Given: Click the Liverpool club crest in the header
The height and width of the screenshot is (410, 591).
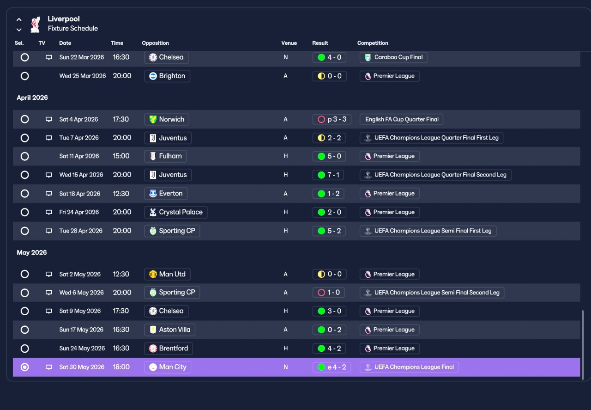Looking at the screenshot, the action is coord(36,24).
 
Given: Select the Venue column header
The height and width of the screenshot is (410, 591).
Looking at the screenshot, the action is coord(289,43).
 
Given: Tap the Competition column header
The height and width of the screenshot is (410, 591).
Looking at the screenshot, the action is coord(373,43).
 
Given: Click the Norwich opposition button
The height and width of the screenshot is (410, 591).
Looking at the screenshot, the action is coord(167,119).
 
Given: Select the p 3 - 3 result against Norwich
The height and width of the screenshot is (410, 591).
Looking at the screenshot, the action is coord(332,119).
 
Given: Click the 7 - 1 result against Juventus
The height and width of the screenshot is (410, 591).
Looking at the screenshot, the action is coord(328,175).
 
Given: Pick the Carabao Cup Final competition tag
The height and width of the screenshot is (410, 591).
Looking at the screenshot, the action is coord(393,57).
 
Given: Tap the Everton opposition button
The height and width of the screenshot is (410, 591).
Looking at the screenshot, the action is coord(166,194).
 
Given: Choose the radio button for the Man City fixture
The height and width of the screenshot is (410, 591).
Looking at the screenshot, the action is coord(25,367).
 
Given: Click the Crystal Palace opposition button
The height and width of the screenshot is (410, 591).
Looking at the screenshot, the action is coord(176,212).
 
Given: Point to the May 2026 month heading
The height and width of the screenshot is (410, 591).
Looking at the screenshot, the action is coord(32,252).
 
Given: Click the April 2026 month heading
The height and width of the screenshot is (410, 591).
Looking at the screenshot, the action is coord(32,98).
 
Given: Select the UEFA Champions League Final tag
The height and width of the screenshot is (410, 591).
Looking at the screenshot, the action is coord(409,367).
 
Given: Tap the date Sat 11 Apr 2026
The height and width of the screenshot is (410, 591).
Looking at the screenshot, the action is coord(79,156).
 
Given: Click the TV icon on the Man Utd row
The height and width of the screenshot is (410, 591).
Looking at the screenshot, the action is coord(49,274).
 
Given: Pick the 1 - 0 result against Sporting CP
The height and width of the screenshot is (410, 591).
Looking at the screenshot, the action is coord(329,293).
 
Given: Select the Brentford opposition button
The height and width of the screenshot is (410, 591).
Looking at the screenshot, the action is coord(169,349).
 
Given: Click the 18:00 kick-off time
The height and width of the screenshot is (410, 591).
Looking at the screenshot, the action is coord(121,367).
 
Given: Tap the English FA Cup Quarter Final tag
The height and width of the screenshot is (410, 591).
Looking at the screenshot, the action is coord(402,119).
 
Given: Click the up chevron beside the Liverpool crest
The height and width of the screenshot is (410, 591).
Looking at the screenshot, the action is coord(19,19).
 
